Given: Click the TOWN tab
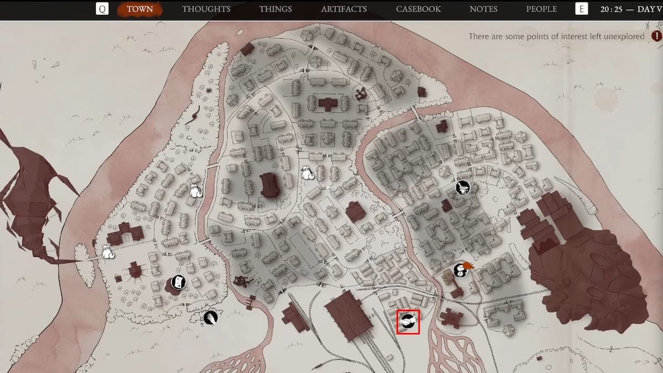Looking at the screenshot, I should point(140,9).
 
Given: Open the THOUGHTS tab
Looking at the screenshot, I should point(206,9).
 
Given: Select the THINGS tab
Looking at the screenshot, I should point(275,9).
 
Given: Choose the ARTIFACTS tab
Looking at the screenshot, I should point(344,9).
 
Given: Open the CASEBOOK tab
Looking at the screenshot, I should point(418,9).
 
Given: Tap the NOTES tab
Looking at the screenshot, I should point(483,9).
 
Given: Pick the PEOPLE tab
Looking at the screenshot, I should point(541,9).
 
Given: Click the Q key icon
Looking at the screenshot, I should point(102,9).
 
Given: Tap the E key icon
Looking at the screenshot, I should point(581,9).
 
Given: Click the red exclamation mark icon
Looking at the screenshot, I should point(656,36).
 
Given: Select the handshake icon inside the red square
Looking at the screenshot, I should point(408,321).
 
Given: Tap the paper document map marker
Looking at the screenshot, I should point(178,282).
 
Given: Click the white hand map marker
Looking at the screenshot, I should point(210,317).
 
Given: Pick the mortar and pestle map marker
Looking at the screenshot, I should point(463,187).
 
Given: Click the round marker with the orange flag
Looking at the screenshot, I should point(460,270).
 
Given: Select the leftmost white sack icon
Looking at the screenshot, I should point(108,253).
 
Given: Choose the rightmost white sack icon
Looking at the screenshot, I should point(308,174).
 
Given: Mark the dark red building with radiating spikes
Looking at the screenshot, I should point(134,271).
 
